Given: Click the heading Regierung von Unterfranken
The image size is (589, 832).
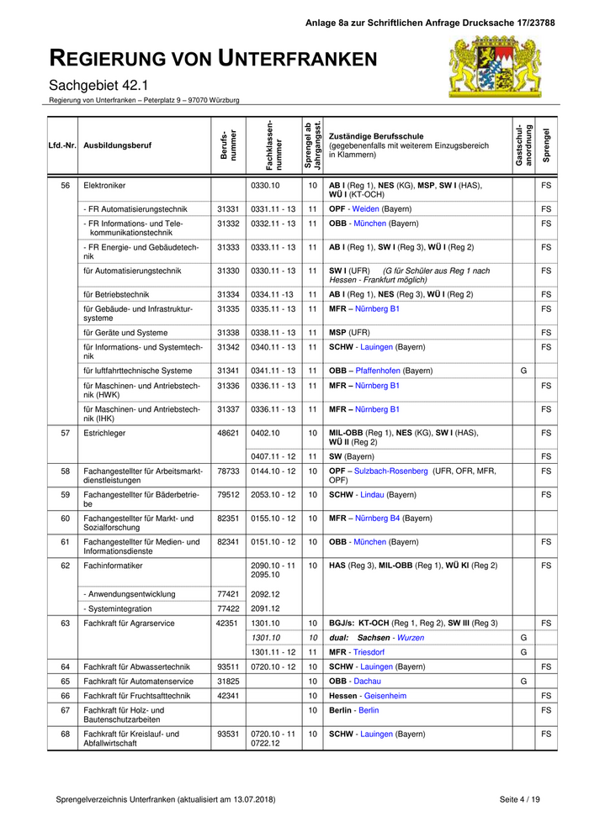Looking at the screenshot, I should click(x=213, y=58).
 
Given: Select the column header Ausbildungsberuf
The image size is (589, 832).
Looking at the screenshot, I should click(x=118, y=145).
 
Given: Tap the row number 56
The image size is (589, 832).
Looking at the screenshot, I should click(x=65, y=185).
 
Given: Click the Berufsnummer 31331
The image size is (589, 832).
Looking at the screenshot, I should click(x=228, y=208).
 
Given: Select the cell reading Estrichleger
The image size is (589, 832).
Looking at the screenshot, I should click(x=104, y=433).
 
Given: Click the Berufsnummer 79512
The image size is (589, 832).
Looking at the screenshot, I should click(x=228, y=495).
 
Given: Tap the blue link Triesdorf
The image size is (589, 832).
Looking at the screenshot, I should click(x=369, y=652).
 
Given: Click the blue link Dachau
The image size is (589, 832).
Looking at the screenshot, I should click(x=366, y=681).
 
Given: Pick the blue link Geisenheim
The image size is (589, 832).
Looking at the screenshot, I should click(x=385, y=696).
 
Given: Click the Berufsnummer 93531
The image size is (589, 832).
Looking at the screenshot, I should click(x=228, y=734).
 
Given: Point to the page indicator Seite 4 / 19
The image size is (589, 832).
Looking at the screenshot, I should click(x=519, y=798).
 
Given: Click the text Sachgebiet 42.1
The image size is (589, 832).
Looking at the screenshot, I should click(x=98, y=85).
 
